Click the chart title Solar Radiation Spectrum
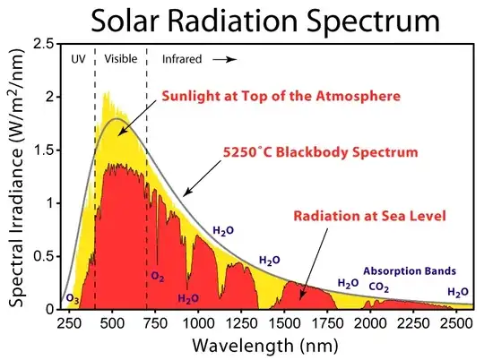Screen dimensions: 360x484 pyautogui.click(x=242, y=20)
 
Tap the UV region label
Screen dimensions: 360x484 pyautogui.click(x=78, y=59)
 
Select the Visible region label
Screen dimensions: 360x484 pyautogui.click(x=120, y=59)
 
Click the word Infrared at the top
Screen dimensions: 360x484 pyautogui.click(x=182, y=59)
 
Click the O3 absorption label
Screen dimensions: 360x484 pyautogui.click(x=73, y=298)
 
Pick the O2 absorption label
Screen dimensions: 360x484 pyautogui.click(x=158, y=277)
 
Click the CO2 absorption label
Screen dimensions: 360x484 pyautogui.click(x=379, y=287)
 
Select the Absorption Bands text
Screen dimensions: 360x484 pyautogui.click(x=410, y=270)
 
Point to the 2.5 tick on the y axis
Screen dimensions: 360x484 pyautogui.click(x=39, y=44)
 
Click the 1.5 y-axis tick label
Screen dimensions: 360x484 pyautogui.click(x=39, y=150)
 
